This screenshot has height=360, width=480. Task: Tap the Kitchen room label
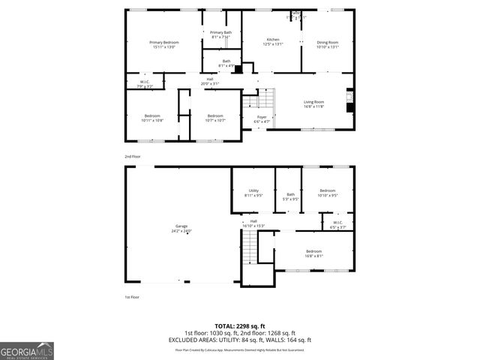(273, 41)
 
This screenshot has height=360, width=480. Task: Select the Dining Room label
(328, 44)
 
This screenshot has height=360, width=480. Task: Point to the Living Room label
(313, 103)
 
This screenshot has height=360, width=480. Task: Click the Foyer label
(262, 118)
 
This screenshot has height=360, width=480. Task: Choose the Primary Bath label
(220, 34)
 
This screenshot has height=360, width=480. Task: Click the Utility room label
(253, 193)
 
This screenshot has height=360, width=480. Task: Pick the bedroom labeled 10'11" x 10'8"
(152, 118)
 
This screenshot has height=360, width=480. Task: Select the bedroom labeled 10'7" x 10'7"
(215, 118)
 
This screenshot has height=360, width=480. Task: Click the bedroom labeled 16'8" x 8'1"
(313, 253)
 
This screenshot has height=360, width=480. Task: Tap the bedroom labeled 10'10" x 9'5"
(328, 193)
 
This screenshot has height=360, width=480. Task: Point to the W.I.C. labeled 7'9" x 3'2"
(145, 84)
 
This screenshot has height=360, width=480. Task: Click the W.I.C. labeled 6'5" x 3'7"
(328, 223)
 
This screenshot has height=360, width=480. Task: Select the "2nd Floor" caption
(133, 156)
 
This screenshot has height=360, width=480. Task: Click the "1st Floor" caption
(133, 297)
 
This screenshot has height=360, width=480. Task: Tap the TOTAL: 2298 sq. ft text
(240, 325)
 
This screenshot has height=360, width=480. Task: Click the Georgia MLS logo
(27, 350)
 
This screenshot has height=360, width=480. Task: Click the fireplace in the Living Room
(348, 100)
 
